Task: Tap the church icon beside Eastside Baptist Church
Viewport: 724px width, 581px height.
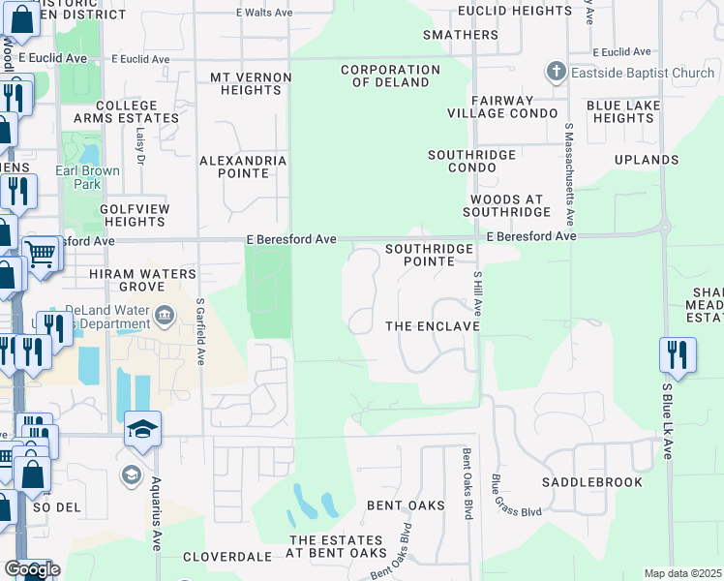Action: pyautogui.click(x=556, y=72)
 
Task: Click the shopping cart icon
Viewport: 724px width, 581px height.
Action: pyautogui.click(x=41, y=255)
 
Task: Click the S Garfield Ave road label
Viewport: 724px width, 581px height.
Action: pyautogui.click(x=201, y=329)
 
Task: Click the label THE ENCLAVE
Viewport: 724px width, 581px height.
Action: pyautogui.click(x=433, y=326)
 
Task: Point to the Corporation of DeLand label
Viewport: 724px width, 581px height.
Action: pyautogui.click(x=390, y=76)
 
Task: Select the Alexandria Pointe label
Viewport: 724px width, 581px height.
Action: pyautogui.click(x=243, y=167)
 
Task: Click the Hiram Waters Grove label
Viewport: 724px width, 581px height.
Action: pyautogui.click(x=142, y=280)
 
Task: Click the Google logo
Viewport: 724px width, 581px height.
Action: pyautogui.click(x=32, y=568)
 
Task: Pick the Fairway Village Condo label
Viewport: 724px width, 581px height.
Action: pyautogui.click(x=502, y=107)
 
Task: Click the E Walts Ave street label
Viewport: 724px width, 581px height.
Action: pyautogui.click(x=264, y=13)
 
